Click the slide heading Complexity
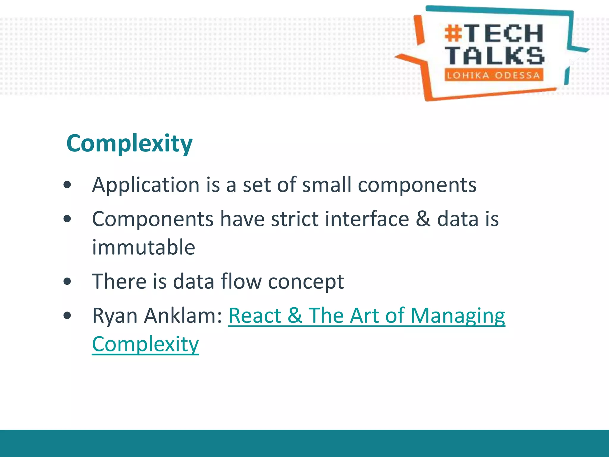point(129,144)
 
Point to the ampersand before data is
point(423,219)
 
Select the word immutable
point(143,247)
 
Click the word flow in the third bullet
point(241,281)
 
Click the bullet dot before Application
point(68,185)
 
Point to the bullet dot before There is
point(68,281)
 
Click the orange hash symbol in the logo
point(453,34)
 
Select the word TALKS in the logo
point(495,56)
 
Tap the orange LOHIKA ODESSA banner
point(494,75)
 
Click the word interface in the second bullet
point(367,219)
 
